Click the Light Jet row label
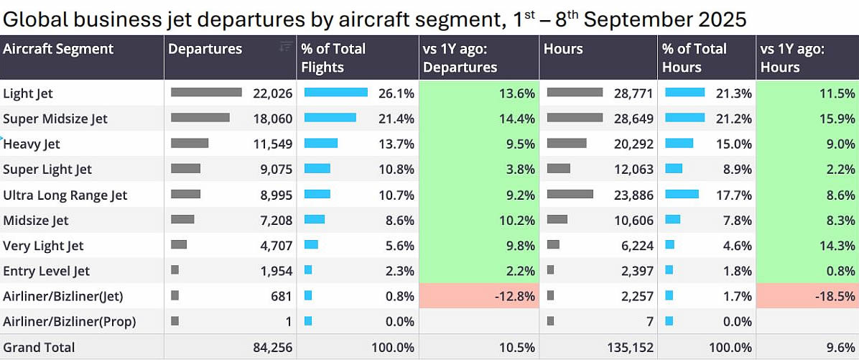[x=28, y=93]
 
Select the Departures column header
[x=205, y=49]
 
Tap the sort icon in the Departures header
[x=285, y=47]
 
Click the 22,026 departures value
[x=272, y=93]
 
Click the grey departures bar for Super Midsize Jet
[x=200, y=118]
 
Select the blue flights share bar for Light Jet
[x=336, y=93]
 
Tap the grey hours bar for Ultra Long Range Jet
[x=570, y=194]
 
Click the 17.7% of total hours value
[x=733, y=195]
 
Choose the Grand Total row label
[x=39, y=348]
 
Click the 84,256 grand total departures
[x=272, y=348]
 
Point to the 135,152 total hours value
[x=630, y=348]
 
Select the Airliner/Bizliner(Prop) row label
[x=69, y=322]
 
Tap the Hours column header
[x=564, y=49]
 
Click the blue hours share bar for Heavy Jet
[x=679, y=144]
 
